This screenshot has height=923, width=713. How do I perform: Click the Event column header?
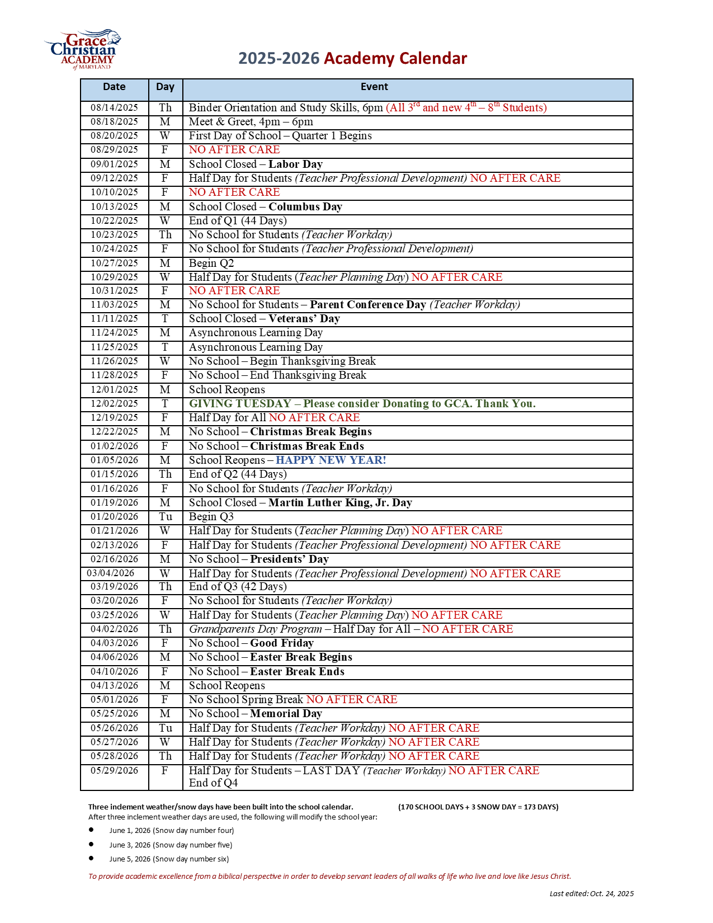374,87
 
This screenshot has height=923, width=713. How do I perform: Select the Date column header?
114,87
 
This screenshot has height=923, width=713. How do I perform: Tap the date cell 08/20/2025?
114,136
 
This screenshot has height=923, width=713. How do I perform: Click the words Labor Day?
295,164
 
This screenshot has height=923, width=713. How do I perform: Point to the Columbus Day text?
305,207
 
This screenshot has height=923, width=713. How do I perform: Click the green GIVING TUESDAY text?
240,404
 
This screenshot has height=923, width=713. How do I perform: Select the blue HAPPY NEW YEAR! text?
330,460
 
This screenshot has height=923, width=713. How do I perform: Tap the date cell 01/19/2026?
114,503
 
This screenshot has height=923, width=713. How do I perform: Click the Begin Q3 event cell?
211,517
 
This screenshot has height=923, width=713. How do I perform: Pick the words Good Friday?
281,643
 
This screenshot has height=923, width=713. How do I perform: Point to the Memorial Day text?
286,714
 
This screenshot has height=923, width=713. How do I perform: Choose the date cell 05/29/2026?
114,771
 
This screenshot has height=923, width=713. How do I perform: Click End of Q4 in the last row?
213,783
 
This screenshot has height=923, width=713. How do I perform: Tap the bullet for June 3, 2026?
91,844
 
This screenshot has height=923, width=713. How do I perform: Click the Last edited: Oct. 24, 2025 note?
591,894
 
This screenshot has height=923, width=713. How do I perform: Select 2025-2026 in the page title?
278,59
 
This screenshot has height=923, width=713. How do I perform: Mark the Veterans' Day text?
304,319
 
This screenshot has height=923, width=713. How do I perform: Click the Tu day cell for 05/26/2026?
165,728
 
